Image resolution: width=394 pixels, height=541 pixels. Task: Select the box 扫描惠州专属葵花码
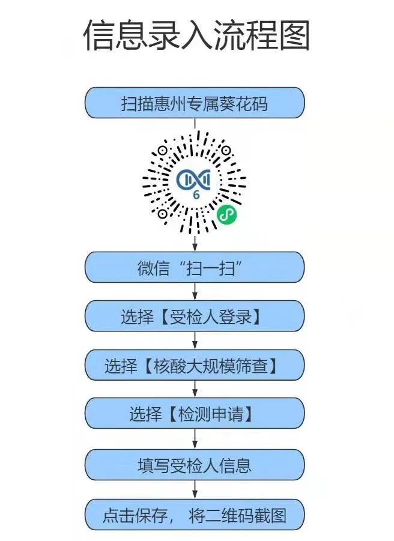194,103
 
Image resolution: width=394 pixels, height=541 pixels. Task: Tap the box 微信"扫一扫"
194,267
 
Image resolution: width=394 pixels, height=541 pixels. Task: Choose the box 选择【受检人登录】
194,316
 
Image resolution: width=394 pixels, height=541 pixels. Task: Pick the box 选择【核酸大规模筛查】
194,365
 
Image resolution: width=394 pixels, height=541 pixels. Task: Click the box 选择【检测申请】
194,414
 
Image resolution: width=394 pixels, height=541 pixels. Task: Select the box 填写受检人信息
194,464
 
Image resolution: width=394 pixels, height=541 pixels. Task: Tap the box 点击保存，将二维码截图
194,515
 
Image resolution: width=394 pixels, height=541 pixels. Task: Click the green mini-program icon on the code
226,213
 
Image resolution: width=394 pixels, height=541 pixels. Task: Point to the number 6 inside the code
196,195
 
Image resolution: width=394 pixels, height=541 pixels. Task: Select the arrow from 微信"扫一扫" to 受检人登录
195,292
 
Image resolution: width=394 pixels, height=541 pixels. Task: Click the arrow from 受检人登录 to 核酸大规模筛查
195,341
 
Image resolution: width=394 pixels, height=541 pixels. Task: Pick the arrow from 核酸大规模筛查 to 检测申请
195,390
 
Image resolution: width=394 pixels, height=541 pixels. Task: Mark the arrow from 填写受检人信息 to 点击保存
195,489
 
